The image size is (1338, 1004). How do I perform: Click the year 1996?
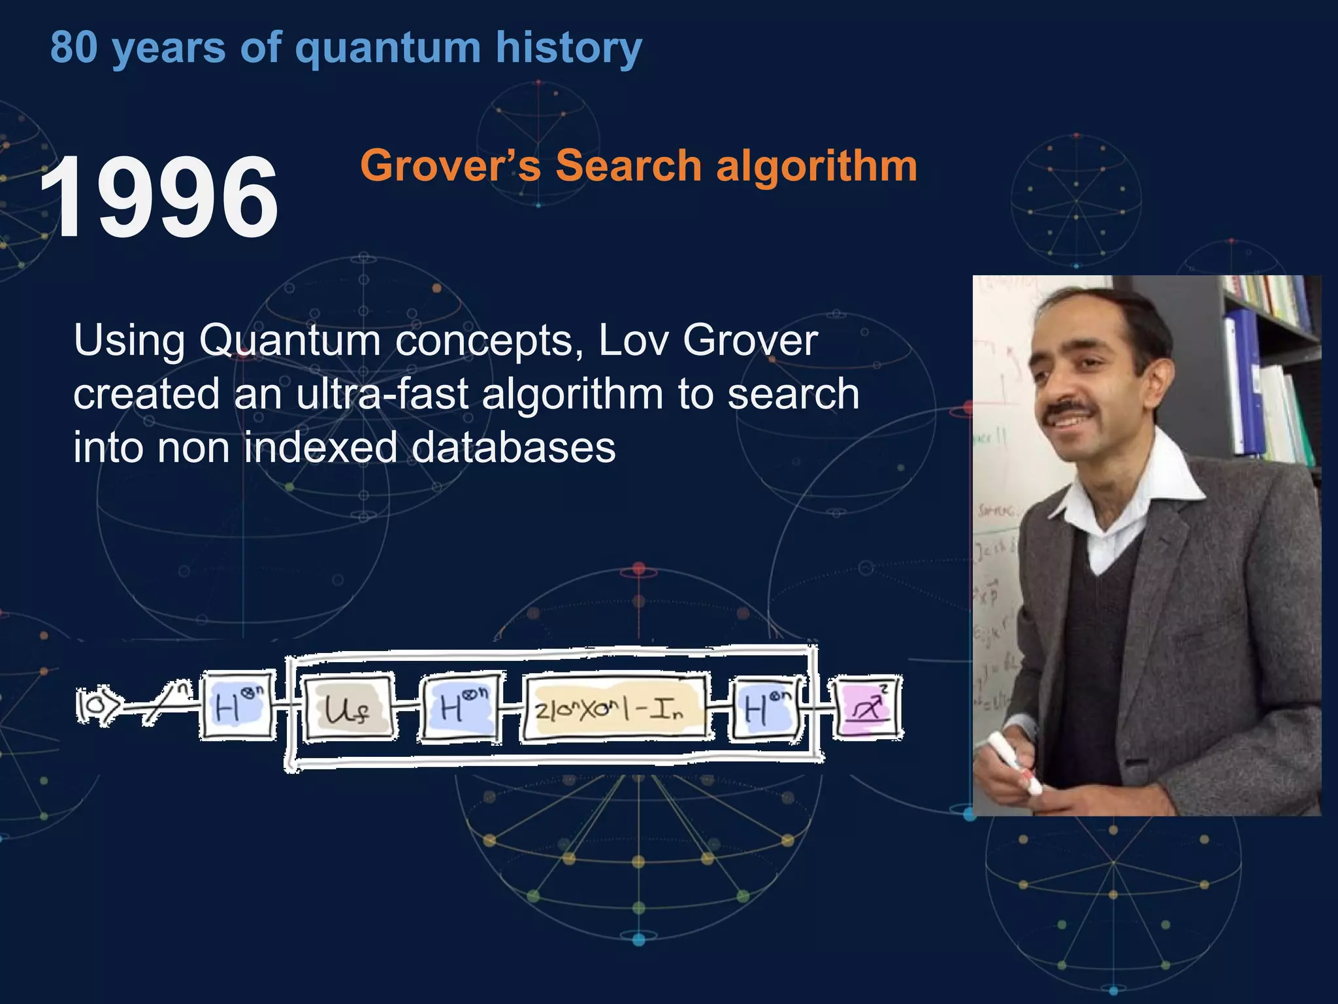click(159, 197)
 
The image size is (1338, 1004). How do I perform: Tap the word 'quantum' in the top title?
click(387, 48)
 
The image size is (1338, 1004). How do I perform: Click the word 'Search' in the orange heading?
click(628, 165)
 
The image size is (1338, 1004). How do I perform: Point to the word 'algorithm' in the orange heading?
click(817, 165)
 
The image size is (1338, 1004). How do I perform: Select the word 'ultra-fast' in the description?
click(382, 394)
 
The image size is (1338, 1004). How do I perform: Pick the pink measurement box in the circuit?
click(866, 708)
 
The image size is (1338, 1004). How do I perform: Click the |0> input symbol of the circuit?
click(98, 705)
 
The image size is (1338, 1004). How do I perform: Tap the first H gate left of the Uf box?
click(237, 705)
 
